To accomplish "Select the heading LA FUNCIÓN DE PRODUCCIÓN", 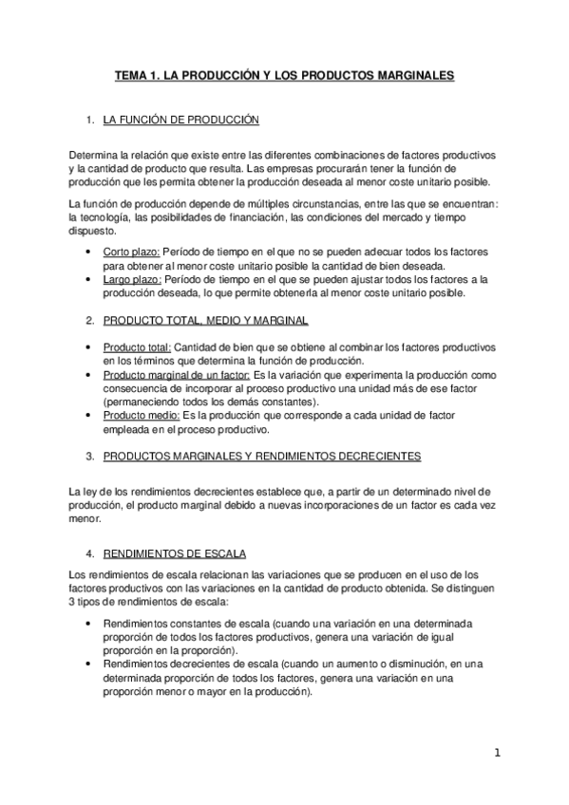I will coord(180,121).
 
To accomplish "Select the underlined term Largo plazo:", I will coord(132,279).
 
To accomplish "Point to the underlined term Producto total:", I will coord(137,347).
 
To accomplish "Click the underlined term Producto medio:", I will coord(140,416).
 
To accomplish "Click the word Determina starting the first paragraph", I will coord(93,154).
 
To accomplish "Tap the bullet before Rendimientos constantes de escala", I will coord(88,624).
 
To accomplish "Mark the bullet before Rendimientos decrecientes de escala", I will coord(88,665).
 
